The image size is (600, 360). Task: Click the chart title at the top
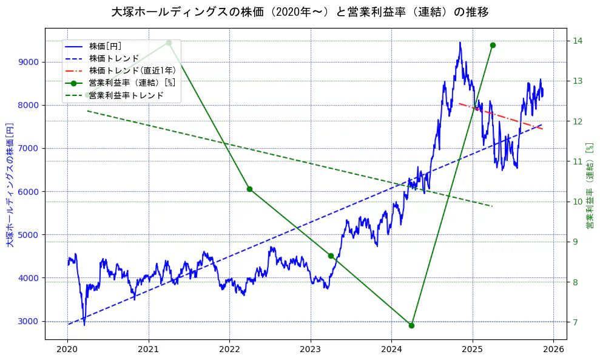[x=300, y=12]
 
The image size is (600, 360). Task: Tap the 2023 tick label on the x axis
[x=311, y=350]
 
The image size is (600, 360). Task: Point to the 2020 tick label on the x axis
[x=67, y=350]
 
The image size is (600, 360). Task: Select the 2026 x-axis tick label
[x=553, y=350]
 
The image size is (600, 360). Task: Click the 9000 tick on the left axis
[x=29, y=62]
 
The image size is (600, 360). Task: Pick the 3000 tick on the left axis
[x=29, y=321]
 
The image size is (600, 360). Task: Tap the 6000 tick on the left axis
[x=29, y=192]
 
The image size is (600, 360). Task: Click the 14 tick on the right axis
[x=578, y=41]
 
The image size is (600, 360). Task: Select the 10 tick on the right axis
[x=578, y=202]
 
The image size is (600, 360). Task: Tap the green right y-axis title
[x=589, y=186]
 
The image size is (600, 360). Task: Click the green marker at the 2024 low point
[x=411, y=325]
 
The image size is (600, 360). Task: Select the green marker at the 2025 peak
[x=493, y=45]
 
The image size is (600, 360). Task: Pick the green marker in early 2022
[x=249, y=189]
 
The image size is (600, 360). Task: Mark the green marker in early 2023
[x=331, y=256]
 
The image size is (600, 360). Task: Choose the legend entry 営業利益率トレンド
[x=126, y=95]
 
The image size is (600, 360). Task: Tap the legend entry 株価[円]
[x=106, y=46]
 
